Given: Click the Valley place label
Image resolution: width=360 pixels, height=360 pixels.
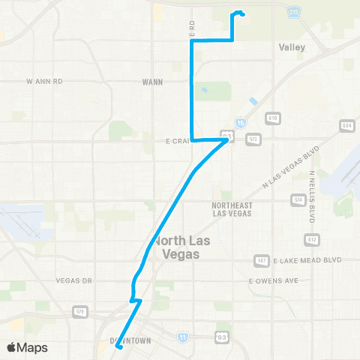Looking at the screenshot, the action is [292, 46].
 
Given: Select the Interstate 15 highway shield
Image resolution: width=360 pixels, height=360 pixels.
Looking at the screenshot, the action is [240, 121].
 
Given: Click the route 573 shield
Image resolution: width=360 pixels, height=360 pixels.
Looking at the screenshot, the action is [253, 139].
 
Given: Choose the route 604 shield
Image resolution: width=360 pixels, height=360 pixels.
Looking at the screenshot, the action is [346, 124].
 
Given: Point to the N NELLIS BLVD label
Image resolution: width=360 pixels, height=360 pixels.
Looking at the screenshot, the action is [311, 196].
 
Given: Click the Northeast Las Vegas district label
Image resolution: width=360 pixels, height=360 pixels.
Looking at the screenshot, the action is [232, 208].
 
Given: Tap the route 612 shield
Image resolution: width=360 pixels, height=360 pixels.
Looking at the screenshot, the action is [310, 238].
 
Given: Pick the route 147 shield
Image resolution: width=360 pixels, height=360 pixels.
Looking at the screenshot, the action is [262, 260].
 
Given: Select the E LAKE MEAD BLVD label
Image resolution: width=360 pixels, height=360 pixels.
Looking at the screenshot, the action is [307, 259].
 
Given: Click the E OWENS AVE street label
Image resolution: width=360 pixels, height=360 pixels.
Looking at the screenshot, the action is [274, 280].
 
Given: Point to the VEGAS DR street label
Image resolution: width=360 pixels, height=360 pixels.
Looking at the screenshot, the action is [73, 280].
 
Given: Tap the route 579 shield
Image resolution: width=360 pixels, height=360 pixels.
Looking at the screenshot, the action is [81, 310].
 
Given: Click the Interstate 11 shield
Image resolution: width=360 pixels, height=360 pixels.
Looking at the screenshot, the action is [183, 338].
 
